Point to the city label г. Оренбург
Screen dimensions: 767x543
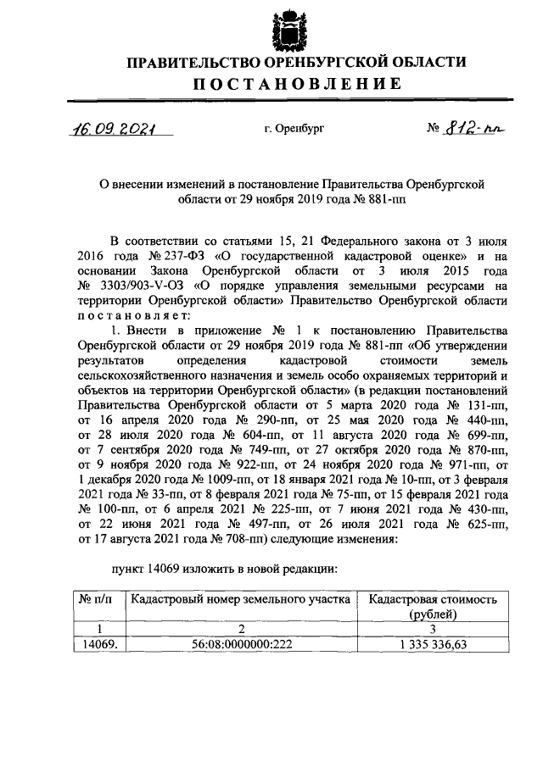[294, 130]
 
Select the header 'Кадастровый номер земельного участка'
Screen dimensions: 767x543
[240, 599]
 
